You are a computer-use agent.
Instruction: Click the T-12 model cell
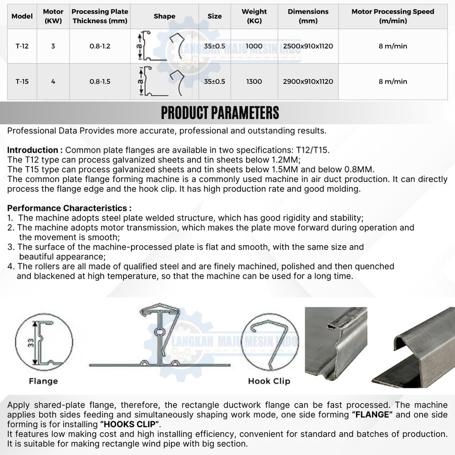click(22, 46)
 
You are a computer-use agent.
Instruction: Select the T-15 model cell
click(22, 81)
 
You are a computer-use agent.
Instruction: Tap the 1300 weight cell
click(254, 81)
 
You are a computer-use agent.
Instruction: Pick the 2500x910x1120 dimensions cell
click(308, 46)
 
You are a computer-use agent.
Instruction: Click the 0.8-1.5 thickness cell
click(100, 81)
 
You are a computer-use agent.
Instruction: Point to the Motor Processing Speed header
click(392, 16)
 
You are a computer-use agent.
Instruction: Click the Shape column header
click(164, 16)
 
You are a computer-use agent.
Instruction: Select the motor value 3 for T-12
click(53, 46)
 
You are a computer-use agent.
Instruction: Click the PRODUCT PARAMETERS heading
click(220, 113)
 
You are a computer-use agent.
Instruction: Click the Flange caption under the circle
click(43, 381)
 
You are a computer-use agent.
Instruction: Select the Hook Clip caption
click(269, 381)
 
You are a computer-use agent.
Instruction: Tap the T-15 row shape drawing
click(162, 81)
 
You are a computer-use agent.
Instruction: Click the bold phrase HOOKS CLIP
click(130, 424)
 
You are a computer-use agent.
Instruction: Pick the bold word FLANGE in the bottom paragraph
click(372, 415)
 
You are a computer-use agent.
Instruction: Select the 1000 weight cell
click(254, 46)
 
